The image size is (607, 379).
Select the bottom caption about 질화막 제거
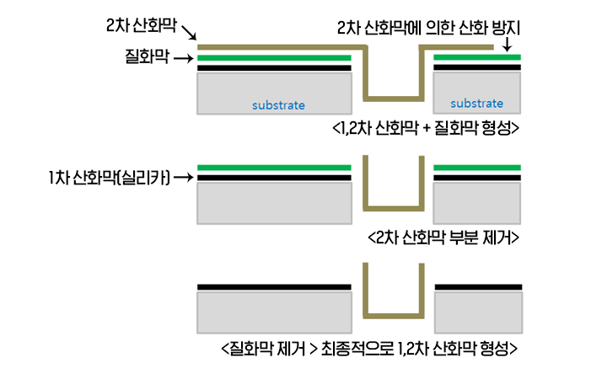(x=368, y=347)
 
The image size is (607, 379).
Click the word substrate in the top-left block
(x=278, y=106)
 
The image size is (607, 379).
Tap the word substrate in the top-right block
(x=476, y=104)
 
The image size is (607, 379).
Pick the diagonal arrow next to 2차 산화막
(x=189, y=33)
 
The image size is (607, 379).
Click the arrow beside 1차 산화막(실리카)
(x=184, y=178)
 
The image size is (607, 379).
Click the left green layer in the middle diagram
(x=273, y=168)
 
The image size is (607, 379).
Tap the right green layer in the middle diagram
(x=477, y=168)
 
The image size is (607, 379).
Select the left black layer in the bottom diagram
(x=273, y=287)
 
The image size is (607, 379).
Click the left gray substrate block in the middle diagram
(x=273, y=203)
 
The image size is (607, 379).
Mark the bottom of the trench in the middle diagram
(x=392, y=206)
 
